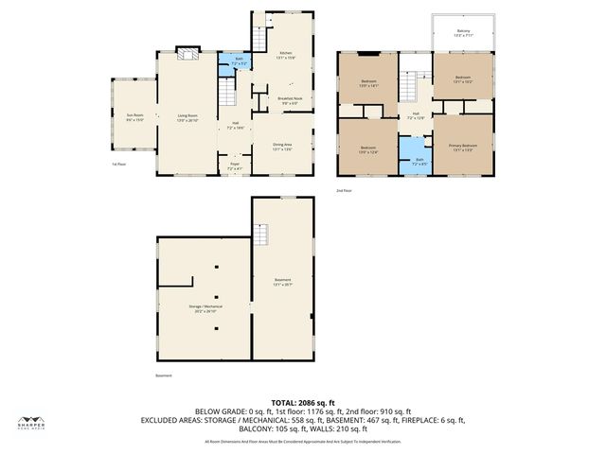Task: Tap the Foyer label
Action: coord(235,166)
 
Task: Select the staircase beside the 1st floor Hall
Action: coord(226,94)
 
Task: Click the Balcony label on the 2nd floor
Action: coord(462,31)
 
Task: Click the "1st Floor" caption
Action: coord(118,164)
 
